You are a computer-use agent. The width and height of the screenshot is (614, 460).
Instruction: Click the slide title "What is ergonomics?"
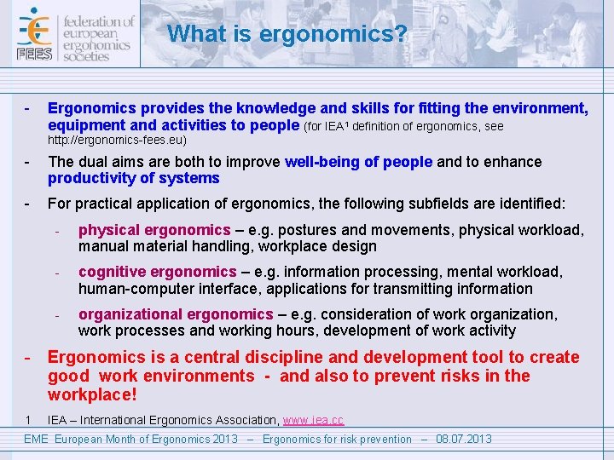tap(287, 34)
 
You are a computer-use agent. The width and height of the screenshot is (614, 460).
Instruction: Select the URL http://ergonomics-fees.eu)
tap(117, 140)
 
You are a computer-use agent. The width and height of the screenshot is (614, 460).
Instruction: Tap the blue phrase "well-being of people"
tap(358, 162)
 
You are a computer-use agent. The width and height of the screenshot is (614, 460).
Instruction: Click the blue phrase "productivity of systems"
tap(134, 178)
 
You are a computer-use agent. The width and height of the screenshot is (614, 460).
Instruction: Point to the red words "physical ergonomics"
tap(154, 230)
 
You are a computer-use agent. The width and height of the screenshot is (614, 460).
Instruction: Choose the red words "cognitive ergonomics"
tap(157, 272)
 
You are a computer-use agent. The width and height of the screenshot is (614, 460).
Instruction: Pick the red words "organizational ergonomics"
tap(176, 314)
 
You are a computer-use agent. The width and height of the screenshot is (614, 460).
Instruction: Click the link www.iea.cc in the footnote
tap(313, 420)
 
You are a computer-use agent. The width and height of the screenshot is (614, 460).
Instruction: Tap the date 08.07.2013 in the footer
tap(464, 439)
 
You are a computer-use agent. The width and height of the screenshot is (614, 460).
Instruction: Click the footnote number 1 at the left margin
tap(28, 419)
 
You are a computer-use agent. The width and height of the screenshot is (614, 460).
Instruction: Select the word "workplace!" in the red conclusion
tap(92, 395)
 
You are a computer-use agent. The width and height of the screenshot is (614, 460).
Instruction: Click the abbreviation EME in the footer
tap(35, 439)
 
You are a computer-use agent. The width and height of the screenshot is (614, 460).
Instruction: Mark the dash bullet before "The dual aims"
tap(28, 162)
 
